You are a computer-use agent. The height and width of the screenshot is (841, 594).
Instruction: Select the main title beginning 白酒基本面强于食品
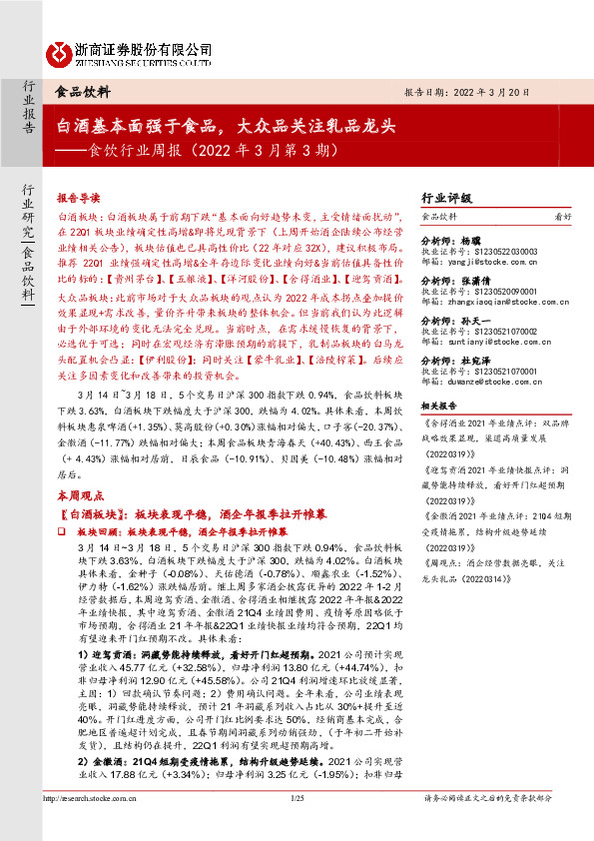pyautogui.click(x=228, y=126)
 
